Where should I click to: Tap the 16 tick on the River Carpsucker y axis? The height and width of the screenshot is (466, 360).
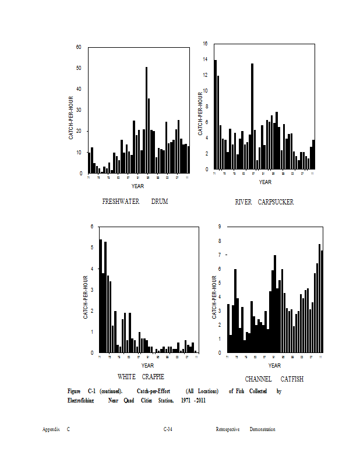[x=205, y=44]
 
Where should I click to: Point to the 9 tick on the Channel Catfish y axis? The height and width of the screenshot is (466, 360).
[x=219, y=227]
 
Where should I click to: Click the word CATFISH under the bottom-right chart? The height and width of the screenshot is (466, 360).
[x=292, y=379]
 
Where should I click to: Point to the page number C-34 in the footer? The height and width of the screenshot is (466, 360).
[x=168, y=429]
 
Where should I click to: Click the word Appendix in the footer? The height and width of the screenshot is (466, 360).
[x=51, y=429]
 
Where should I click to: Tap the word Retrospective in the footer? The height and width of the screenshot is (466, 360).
[x=228, y=429]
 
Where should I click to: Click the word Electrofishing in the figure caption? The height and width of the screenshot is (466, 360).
[x=80, y=401]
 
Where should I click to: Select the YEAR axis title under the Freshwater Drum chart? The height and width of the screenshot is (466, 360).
[x=137, y=186]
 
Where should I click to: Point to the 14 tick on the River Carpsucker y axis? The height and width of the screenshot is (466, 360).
[x=205, y=59]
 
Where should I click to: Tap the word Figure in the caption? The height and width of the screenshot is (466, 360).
[x=74, y=391]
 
